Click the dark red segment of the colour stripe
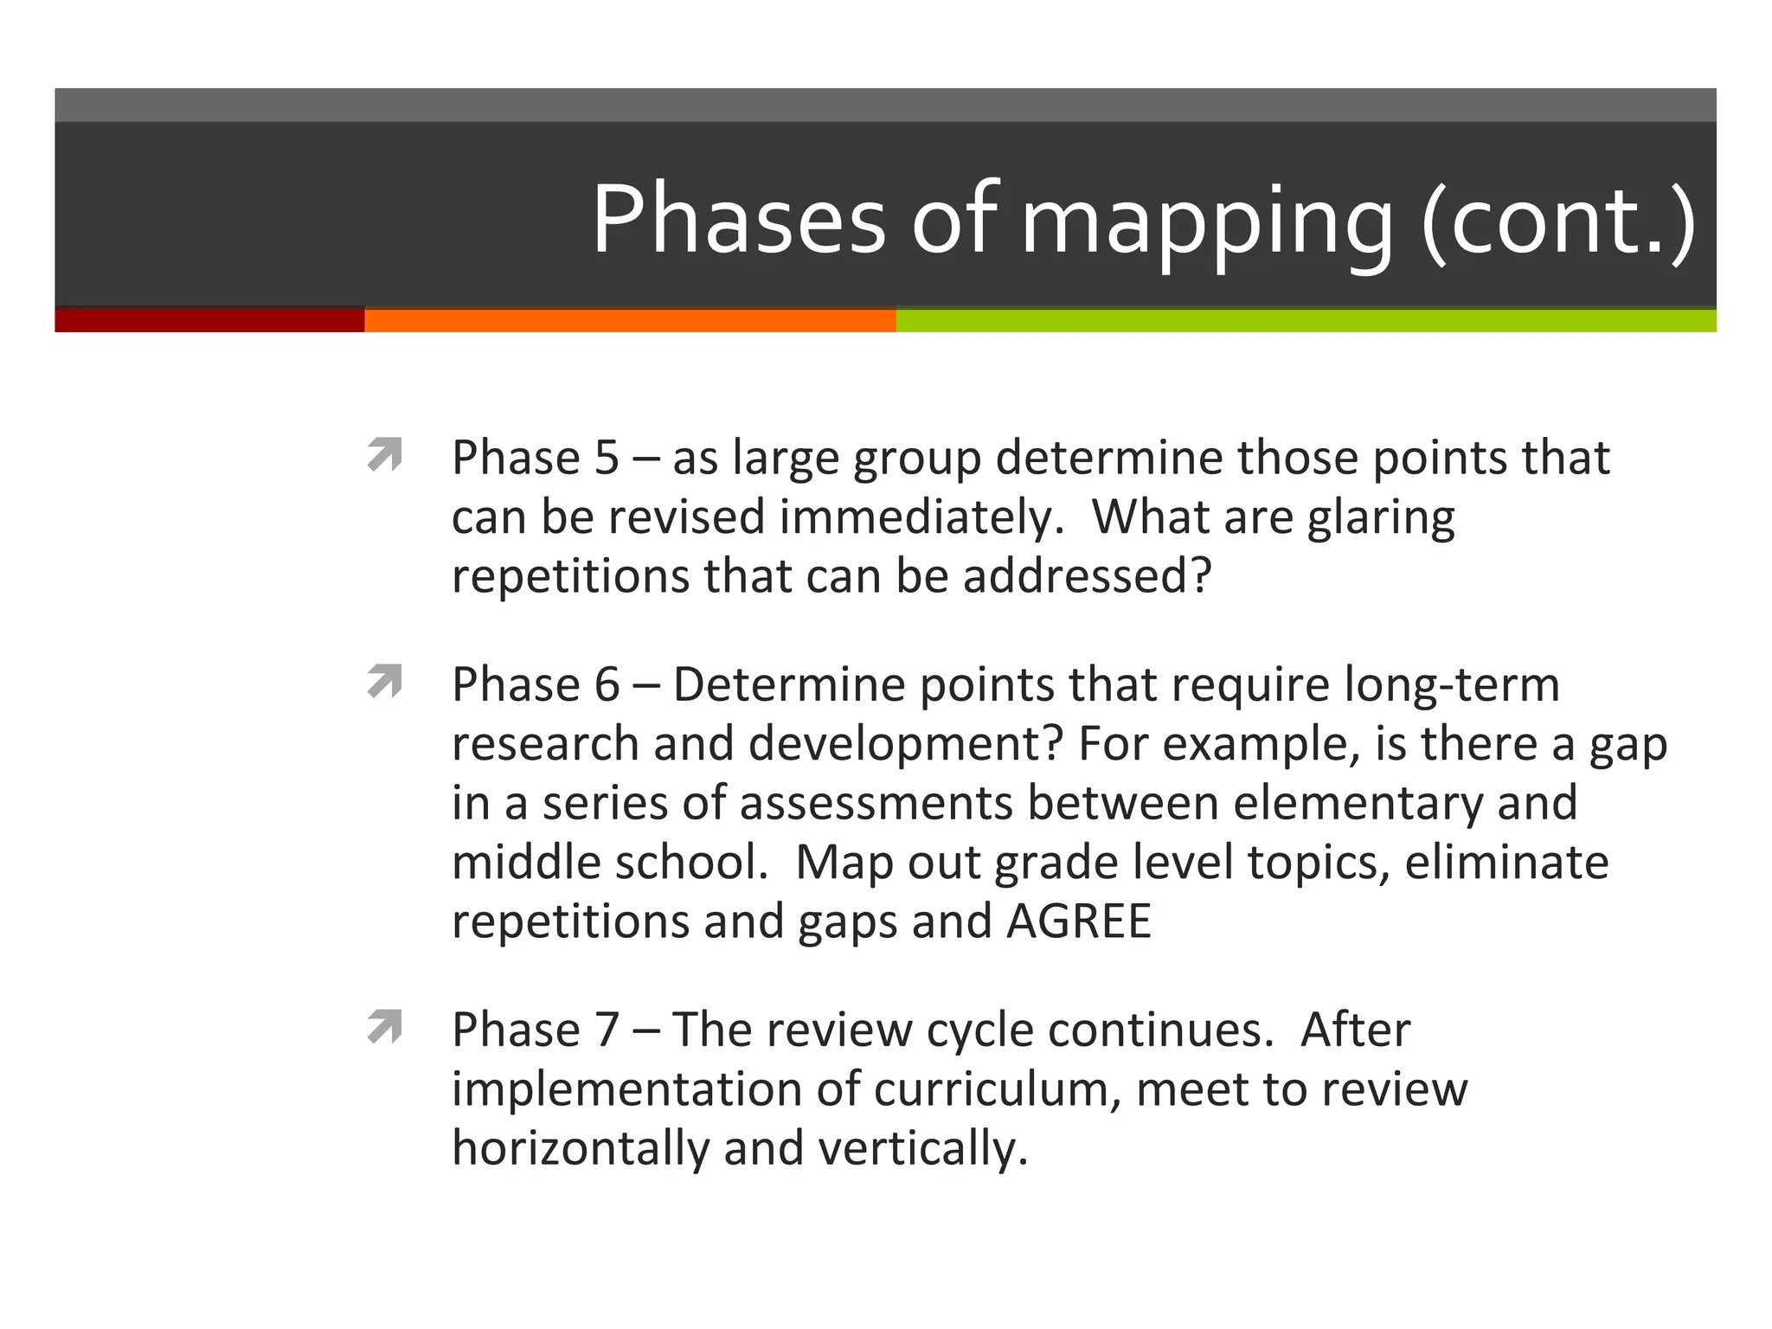pos(209,320)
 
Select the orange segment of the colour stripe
pos(630,320)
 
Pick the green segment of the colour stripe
pos(1306,320)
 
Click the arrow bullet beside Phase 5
pos(385,454)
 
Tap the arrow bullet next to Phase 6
pos(385,681)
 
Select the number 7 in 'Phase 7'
pos(607,1030)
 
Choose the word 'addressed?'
pos(1088,576)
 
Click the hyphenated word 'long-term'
pos(1452,684)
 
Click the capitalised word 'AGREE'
pos(1079,921)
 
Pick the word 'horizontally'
pos(580,1149)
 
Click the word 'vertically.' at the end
pos(922,1149)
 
